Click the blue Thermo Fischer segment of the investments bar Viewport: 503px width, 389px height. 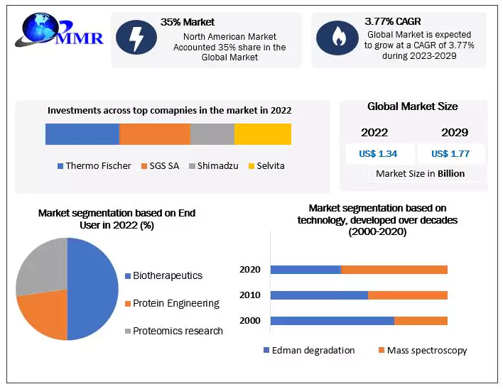point(82,134)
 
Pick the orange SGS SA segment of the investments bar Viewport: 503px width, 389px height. point(155,134)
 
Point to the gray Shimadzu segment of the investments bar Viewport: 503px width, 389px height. point(212,134)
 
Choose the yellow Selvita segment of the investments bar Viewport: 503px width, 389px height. point(262,134)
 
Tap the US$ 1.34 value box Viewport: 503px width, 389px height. point(379,153)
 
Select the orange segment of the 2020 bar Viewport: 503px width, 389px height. point(394,270)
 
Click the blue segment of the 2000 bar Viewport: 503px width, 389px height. point(332,321)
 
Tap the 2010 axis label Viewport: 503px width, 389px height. point(250,295)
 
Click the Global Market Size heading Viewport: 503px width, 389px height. point(412,106)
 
